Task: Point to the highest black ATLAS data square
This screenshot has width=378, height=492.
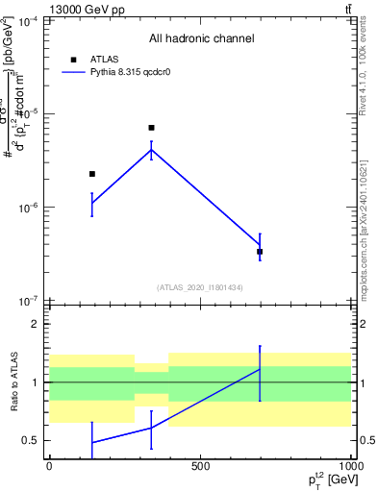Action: [151, 128]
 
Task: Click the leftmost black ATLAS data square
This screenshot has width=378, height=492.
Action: [92, 174]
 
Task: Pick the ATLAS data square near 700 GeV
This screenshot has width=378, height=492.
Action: [260, 252]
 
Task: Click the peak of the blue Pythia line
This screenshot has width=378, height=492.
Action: [151, 149]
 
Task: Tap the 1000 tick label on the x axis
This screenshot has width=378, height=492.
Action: [350, 466]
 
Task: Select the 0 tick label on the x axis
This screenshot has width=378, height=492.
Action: [49, 466]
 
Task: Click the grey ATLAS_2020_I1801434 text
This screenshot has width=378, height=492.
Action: [200, 287]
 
